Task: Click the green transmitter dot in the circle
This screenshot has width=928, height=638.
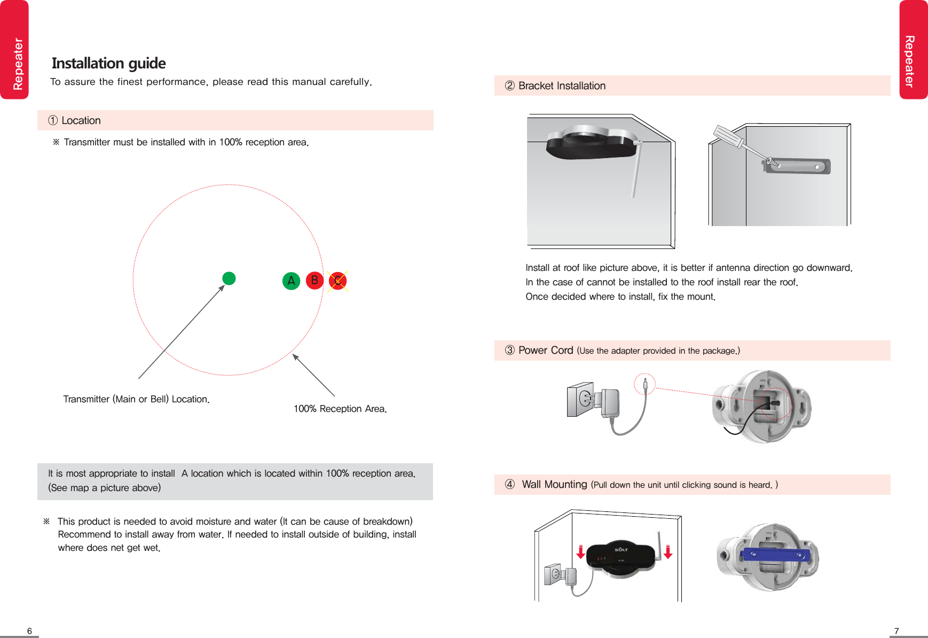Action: tap(229, 278)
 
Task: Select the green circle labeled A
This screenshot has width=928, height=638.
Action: tap(291, 281)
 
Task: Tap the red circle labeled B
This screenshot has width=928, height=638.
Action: tap(314, 281)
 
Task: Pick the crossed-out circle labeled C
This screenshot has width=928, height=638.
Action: tap(337, 281)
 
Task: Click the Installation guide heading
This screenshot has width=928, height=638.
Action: tap(108, 63)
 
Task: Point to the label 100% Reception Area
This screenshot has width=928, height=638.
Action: tap(340, 409)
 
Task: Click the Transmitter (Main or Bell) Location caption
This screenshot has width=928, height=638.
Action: tap(136, 399)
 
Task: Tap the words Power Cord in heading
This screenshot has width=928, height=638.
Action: tap(545, 351)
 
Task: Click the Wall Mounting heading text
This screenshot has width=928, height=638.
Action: tap(554, 485)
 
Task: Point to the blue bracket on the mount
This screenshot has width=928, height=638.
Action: tap(774, 556)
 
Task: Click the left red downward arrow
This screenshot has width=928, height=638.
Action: tap(581, 552)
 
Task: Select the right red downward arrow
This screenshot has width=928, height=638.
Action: tap(667, 552)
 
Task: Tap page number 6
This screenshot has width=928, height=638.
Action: tap(29, 631)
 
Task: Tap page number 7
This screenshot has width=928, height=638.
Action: tap(896, 631)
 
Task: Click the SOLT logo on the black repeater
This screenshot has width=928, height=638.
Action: tap(621, 549)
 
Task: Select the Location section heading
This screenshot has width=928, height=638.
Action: tap(81, 121)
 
